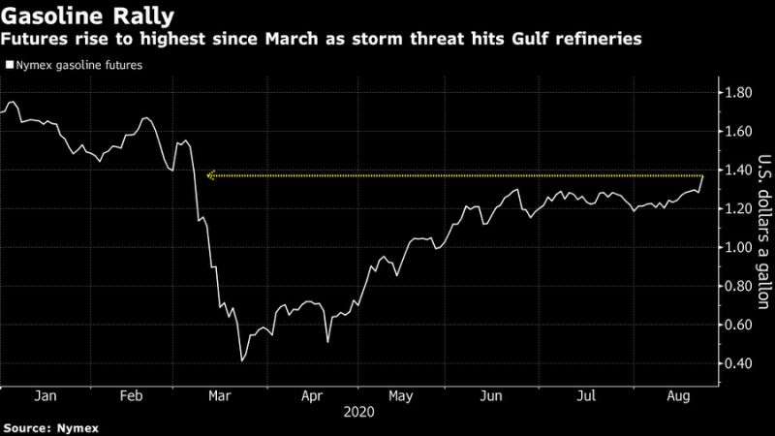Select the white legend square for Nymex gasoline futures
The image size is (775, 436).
tap(10, 66)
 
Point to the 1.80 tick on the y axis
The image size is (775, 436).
tap(739, 93)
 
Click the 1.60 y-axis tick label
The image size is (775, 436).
tap(739, 132)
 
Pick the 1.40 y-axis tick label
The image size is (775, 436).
tap(739, 171)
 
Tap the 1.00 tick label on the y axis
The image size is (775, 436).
tap(739, 247)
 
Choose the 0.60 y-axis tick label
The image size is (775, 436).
tap(739, 325)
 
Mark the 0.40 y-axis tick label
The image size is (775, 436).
tap(739, 363)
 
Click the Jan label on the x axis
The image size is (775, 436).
tap(42, 396)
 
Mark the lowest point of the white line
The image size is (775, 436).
tap(241, 360)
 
